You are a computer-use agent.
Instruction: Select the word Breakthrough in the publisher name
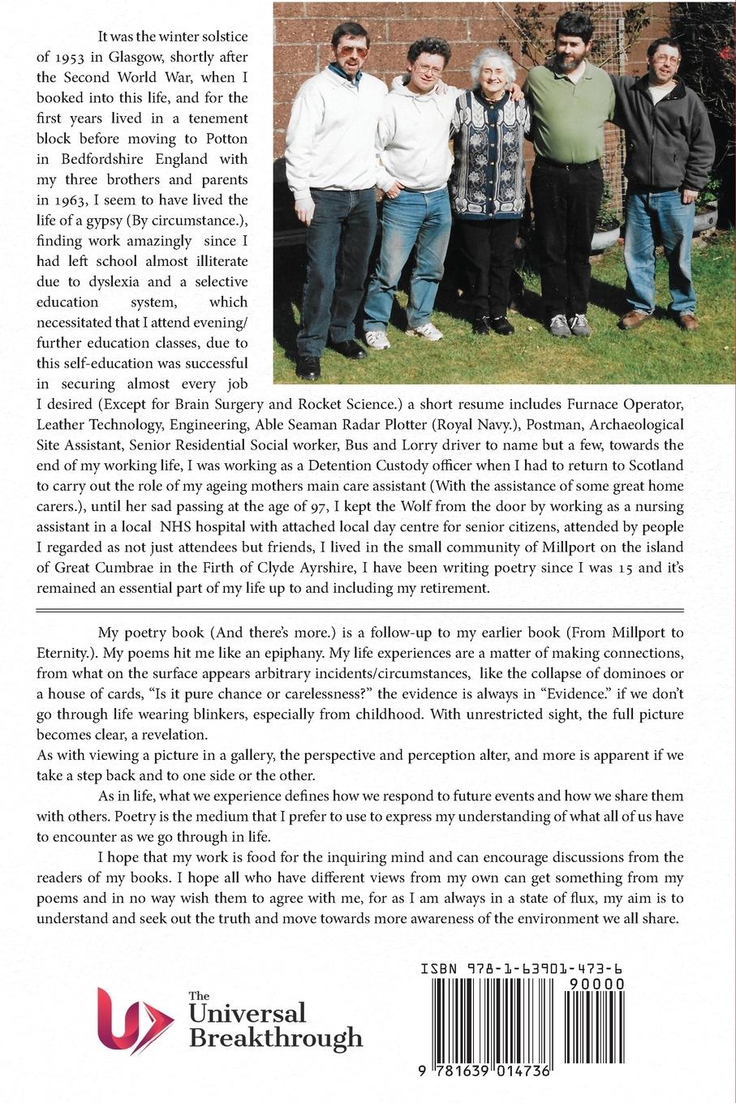[275, 1038]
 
